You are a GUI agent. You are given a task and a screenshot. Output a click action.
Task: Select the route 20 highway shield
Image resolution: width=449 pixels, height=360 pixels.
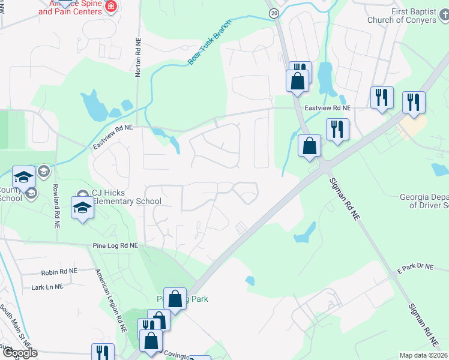[x=274, y=13]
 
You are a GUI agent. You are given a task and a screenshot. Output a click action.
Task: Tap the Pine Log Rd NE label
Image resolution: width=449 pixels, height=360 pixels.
[x=115, y=246]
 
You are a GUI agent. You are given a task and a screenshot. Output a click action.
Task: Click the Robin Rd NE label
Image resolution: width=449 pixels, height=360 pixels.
[x=60, y=272]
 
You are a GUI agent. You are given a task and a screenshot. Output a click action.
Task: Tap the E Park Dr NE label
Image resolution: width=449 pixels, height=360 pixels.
[x=414, y=268]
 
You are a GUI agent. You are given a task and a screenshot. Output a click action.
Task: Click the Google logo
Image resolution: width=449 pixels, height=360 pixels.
[x=19, y=353]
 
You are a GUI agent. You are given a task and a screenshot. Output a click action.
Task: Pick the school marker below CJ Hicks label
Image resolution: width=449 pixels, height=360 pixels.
[x=82, y=208]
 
